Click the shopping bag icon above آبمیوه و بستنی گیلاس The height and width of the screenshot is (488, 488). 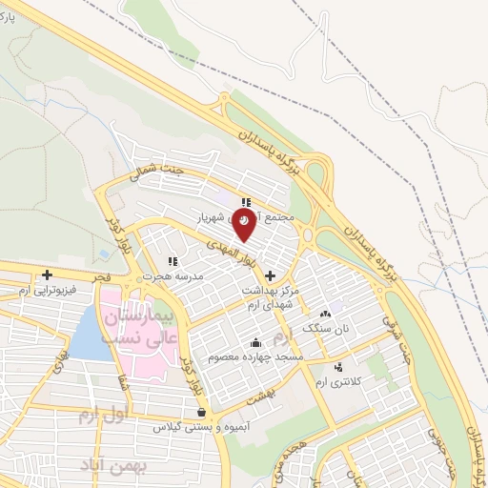(x=201, y=413)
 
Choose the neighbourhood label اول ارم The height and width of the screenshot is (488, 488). (x=99, y=416)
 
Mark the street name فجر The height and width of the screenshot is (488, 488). (x=102, y=276)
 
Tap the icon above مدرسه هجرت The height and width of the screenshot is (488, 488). (x=173, y=260)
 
